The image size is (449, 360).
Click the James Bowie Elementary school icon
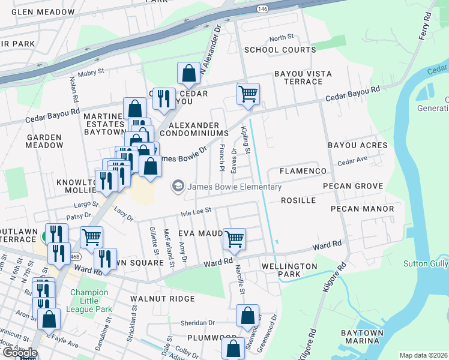(178, 187)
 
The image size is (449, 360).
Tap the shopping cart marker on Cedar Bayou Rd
(248, 94)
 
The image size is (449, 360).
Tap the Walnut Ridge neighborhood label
(164, 298)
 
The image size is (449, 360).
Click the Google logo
(19, 353)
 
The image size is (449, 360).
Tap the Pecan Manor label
(362, 209)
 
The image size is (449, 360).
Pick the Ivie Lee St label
(197, 211)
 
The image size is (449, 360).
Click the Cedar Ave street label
(352, 162)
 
